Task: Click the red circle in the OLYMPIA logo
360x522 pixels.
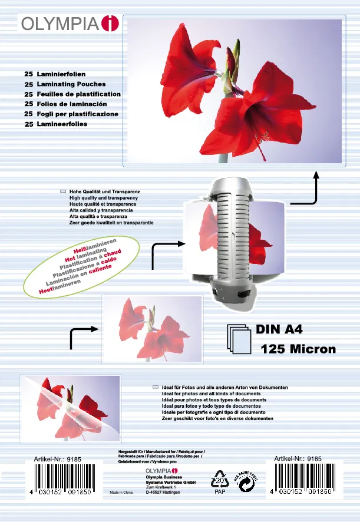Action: click(110, 24)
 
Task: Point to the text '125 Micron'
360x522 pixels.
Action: click(298, 349)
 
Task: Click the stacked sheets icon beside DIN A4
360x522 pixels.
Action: click(239, 339)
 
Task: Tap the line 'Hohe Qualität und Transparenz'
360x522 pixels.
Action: click(104, 193)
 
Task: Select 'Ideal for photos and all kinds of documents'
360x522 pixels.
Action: click(210, 394)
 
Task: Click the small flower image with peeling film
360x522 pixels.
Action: click(70, 405)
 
